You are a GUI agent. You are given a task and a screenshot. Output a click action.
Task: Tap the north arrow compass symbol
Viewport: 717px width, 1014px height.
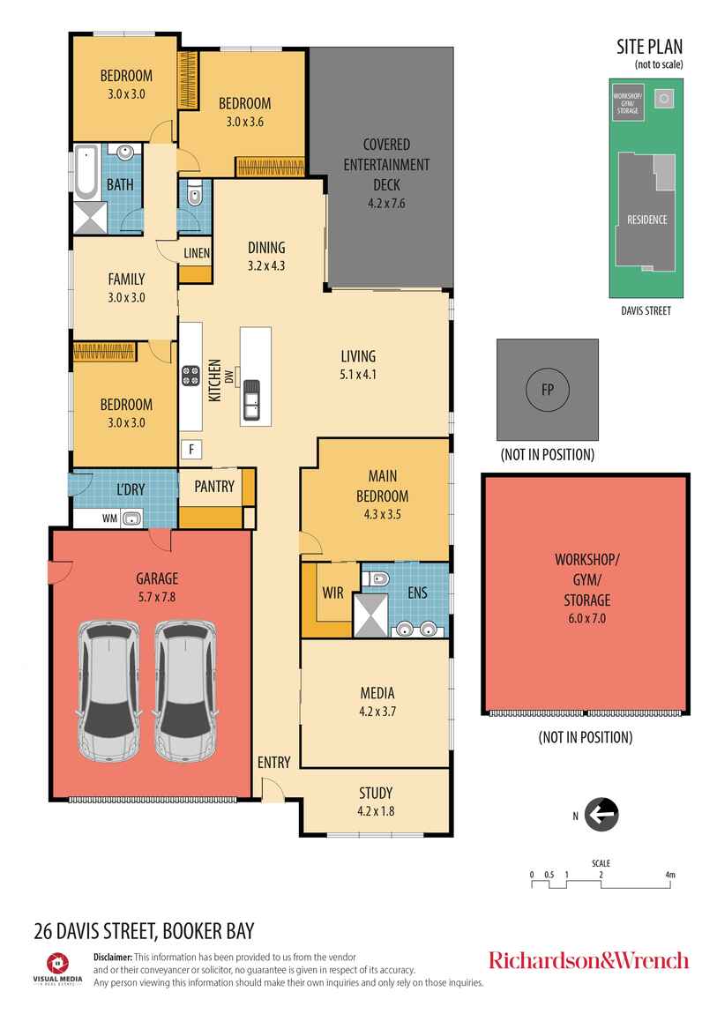point(602,814)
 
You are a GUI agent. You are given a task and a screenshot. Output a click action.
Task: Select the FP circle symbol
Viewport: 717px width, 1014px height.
point(547,390)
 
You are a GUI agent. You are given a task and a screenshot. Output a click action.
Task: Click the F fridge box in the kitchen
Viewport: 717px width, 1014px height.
point(190,449)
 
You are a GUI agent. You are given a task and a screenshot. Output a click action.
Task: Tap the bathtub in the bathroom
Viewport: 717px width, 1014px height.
point(86,170)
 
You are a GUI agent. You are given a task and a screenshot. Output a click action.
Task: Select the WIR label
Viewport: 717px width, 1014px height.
point(332,593)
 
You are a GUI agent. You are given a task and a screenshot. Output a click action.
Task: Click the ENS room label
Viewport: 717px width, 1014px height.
point(417,593)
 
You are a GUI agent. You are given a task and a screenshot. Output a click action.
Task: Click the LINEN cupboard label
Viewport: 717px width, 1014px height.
point(196,254)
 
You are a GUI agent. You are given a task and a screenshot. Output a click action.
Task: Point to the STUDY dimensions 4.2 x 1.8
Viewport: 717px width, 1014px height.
point(375,809)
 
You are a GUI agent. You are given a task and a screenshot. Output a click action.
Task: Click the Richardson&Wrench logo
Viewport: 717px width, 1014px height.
point(588,959)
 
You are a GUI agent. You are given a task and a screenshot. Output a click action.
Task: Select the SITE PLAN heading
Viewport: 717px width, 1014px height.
point(649,48)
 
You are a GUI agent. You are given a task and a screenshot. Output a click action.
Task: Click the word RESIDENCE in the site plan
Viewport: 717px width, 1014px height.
point(646,220)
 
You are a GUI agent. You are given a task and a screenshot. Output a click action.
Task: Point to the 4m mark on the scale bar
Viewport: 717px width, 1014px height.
point(670,875)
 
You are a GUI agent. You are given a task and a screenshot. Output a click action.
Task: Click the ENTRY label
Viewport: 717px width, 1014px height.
point(273,763)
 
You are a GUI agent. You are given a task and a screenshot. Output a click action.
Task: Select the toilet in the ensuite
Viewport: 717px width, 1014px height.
point(378,579)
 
